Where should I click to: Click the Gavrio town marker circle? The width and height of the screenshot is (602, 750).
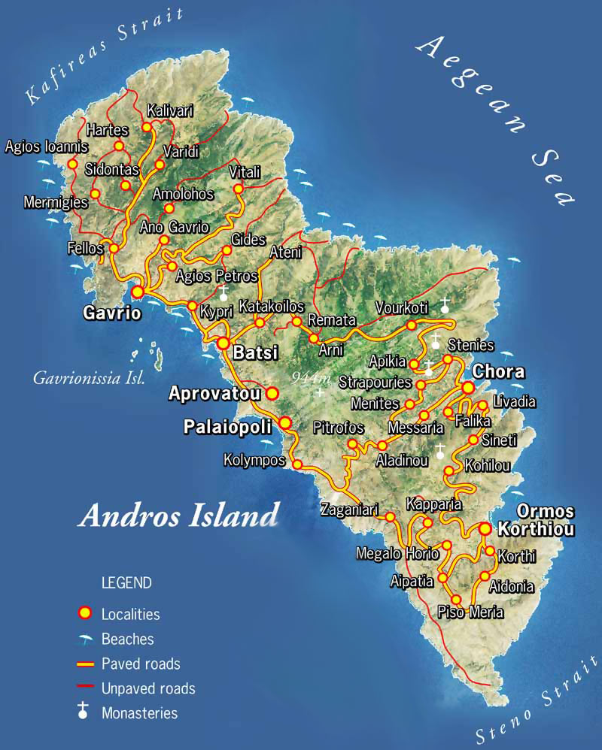(x=138, y=292)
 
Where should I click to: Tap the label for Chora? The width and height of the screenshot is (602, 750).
(x=497, y=372)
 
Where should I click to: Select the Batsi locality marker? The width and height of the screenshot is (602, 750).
(x=223, y=343)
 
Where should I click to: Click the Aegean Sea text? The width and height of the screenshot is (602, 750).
(x=497, y=120)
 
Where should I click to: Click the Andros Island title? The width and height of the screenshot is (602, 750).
(x=178, y=516)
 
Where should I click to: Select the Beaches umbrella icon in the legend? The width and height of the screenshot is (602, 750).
(x=88, y=639)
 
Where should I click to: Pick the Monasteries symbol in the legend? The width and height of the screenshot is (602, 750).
(x=85, y=712)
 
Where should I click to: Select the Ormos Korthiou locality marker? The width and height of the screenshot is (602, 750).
(x=485, y=529)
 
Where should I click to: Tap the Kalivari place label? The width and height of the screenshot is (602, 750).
(x=170, y=111)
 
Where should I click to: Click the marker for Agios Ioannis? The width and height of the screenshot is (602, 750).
(x=73, y=164)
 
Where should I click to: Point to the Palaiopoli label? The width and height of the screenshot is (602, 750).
(x=227, y=427)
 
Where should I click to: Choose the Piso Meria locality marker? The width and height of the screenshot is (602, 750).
(x=457, y=599)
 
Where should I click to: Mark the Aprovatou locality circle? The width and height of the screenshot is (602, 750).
(x=272, y=392)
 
